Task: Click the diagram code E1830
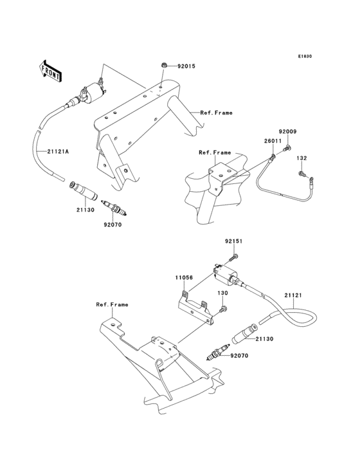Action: point(304,57)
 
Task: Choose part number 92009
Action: point(287,132)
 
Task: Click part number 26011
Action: point(273,141)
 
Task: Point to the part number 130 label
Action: point(222,293)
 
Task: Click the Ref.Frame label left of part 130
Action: point(112,304)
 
